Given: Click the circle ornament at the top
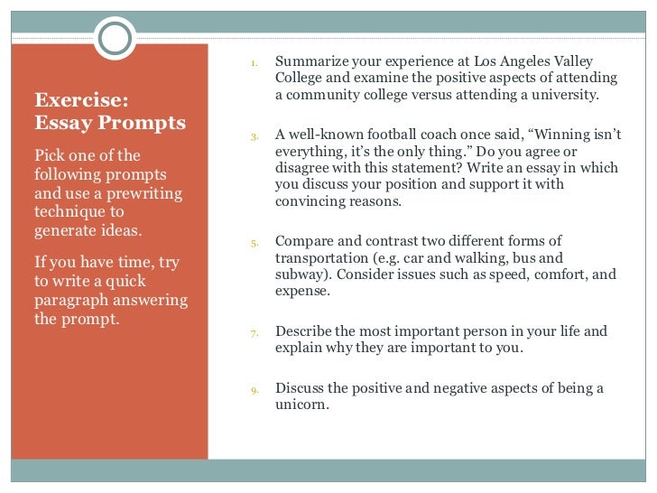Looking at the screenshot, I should (x=115, y=37).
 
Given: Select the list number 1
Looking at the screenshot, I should (x=254, y=64).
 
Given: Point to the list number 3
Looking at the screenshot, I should (x=254, y=137).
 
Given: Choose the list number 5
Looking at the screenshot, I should (x=254, y=243).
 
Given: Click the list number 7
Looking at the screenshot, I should (x=254, y=334).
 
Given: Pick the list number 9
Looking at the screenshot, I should (x=254, y=391).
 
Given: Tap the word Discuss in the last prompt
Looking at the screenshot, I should (x=301, y=388).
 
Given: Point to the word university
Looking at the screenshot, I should (x=564, y=95).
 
